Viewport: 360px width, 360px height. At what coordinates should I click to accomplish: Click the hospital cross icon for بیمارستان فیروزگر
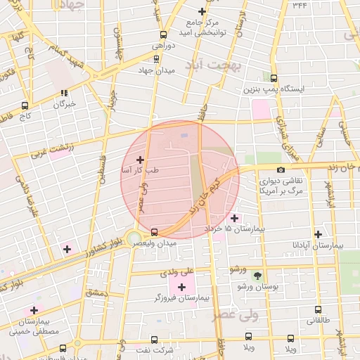(183, 286)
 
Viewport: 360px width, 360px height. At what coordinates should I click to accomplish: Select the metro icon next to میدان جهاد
(156, 59)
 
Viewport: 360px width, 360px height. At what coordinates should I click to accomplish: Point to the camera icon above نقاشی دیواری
(281, 169)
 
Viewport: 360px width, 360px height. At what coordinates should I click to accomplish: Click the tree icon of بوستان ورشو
(257, 275)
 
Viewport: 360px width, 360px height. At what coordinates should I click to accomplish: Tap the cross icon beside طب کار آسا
(140, 160)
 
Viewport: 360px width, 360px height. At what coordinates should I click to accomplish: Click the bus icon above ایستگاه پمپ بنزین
(273, 78)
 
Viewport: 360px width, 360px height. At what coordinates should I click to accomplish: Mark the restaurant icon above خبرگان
(64, 93)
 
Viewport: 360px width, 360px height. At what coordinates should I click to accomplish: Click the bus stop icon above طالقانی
(318, 309)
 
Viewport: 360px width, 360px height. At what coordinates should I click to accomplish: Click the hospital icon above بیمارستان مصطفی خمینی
(33, 310)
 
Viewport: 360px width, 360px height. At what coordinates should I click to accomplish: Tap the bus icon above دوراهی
(163, 34)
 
